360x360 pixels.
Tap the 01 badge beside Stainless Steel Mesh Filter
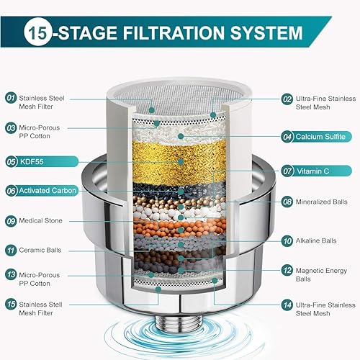(x=12, y=97)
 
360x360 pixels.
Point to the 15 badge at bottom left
(x=12, y=305)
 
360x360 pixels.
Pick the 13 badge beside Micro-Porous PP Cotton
(x=12, y=274)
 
